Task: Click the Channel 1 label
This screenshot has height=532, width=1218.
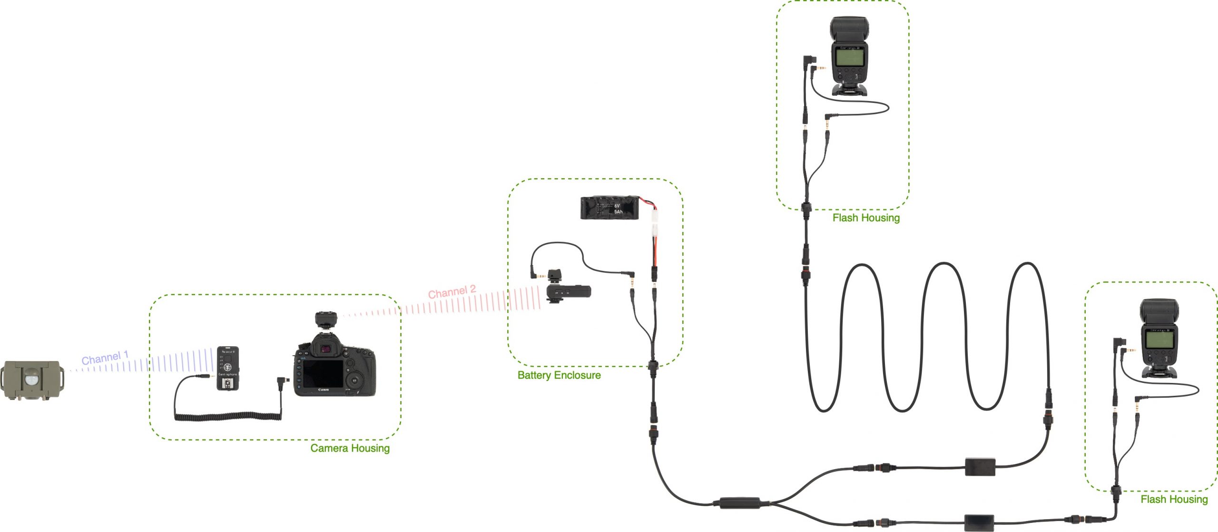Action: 105,358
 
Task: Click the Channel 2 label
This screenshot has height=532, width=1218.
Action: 452,291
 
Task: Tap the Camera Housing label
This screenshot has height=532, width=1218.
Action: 350,448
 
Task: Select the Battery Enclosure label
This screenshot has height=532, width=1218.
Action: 559,375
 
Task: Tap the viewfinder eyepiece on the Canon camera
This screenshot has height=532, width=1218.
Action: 326,349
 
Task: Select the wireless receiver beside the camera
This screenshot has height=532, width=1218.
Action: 228,368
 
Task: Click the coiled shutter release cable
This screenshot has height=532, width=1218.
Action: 228,418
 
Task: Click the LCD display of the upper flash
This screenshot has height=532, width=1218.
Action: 850,58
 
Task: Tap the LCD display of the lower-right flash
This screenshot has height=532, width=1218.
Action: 1159,340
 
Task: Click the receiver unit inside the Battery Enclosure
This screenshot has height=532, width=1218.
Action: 569,291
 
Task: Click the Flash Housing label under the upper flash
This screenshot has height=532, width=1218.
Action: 866,218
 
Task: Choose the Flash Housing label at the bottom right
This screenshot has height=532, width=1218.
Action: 1174,499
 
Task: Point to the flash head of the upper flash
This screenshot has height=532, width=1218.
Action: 849,29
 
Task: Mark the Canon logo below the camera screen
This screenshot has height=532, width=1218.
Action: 323,390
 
